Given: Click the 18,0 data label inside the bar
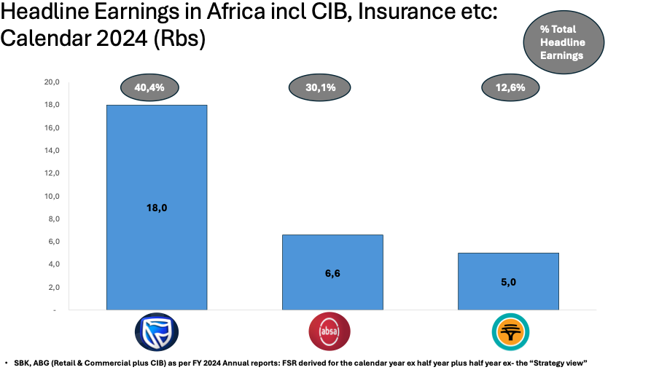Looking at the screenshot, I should click(157, 208).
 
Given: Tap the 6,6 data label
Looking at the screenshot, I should click(333, 273).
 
